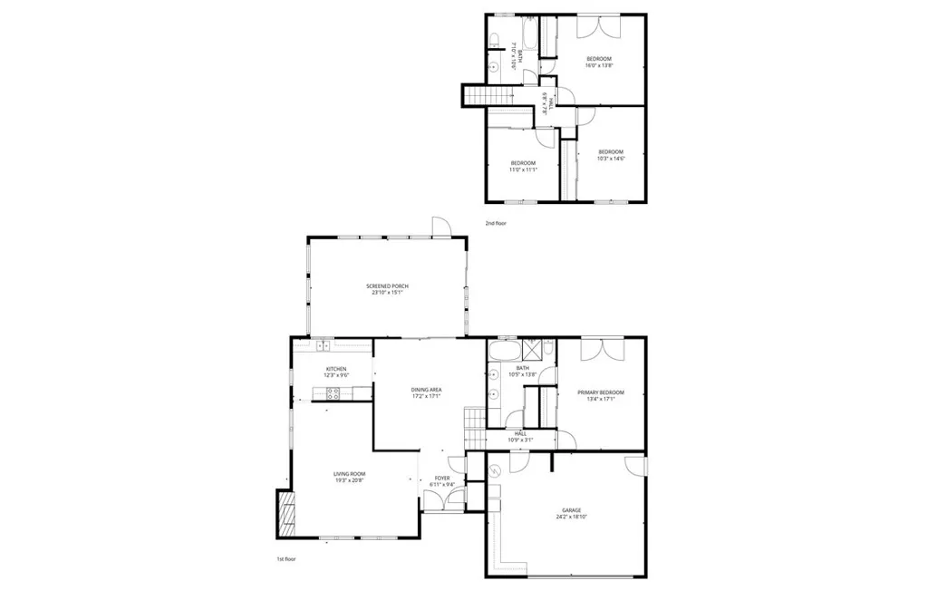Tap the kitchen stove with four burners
(332, 393)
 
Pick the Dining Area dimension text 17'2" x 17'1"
(426, 396)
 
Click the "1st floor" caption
(286, 559)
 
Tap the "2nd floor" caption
(495, 223)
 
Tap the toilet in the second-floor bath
(495, 40)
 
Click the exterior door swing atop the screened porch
(440, 226)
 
